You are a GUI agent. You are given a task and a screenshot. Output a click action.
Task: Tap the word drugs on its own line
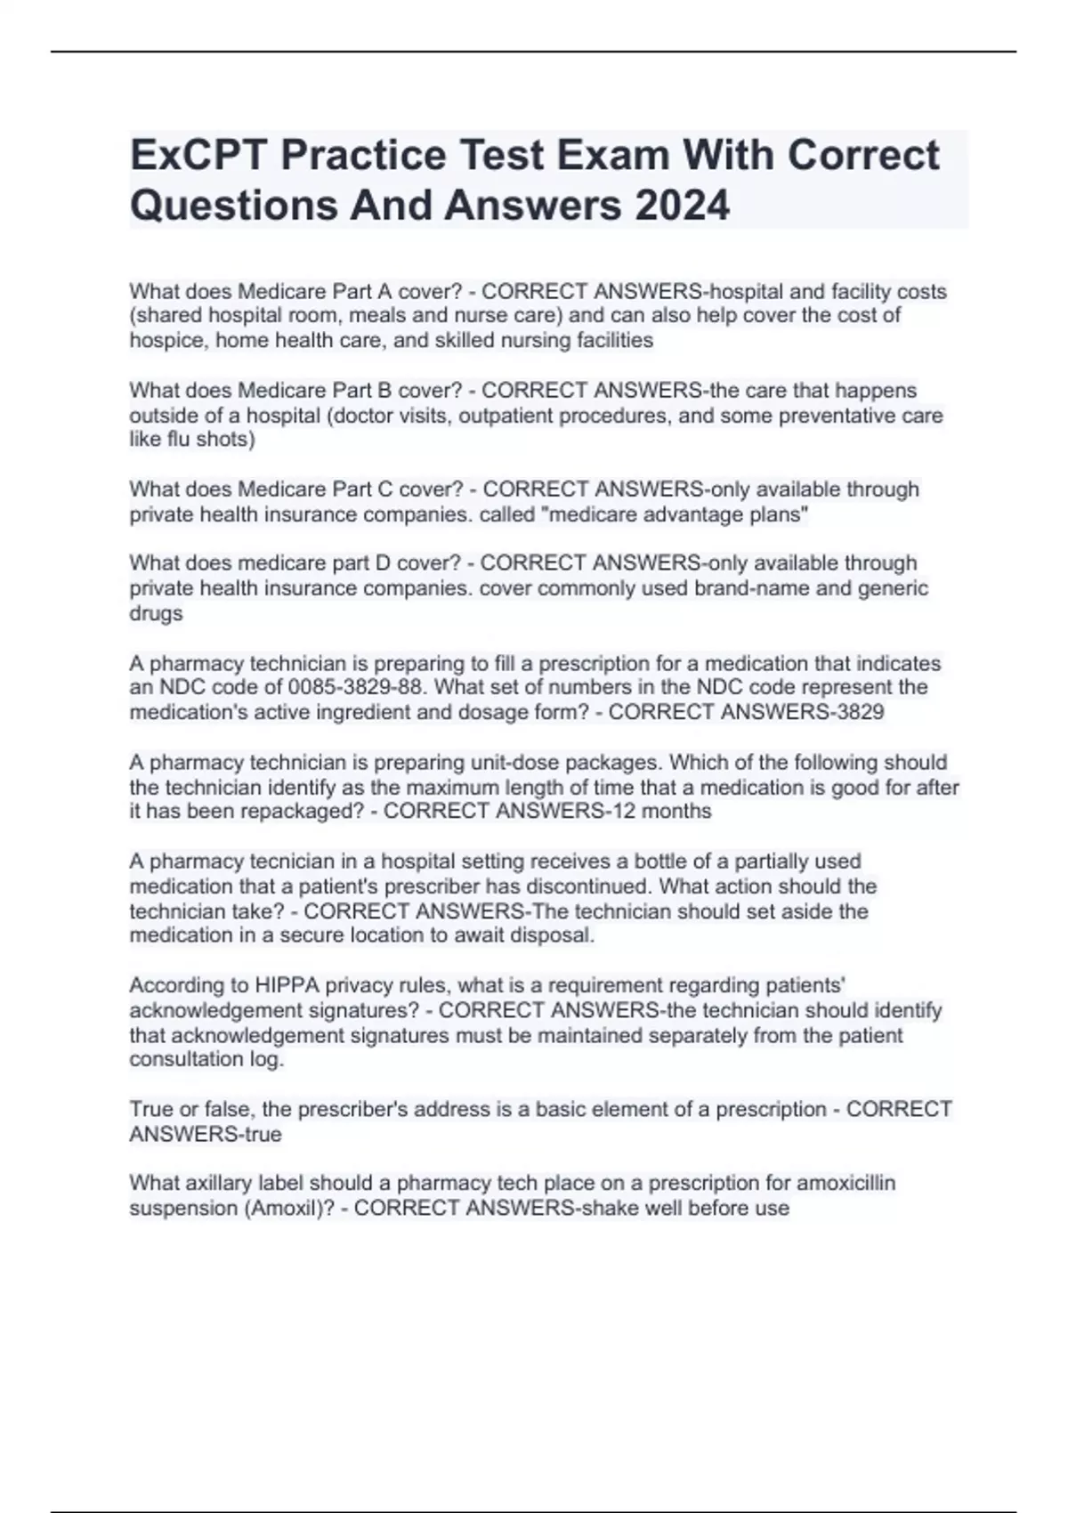click(156, 613)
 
